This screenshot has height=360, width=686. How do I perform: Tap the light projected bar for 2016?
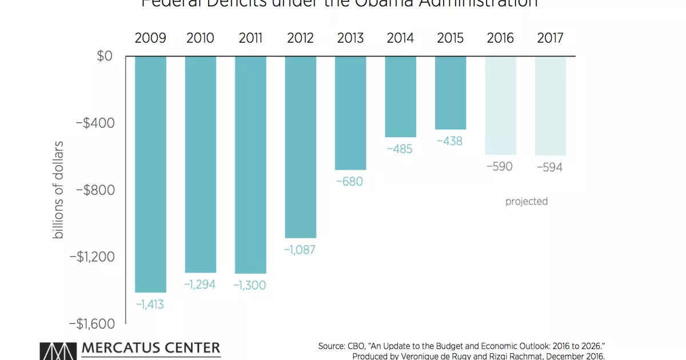[x=500, y=105]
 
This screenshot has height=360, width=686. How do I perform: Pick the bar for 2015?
[x=450, y=93]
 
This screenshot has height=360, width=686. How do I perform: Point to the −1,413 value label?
[x=150, y=305]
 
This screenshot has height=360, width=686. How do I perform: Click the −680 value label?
[x=349, y=182]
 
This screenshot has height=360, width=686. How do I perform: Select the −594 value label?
[x=549, y=167]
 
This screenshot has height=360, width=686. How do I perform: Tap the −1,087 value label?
[x=300, y=250]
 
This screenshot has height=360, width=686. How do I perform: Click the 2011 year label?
[x=250, y=38]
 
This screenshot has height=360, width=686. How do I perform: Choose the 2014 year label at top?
[x=400, y=38]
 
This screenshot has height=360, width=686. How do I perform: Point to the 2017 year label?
[x=550, y=38]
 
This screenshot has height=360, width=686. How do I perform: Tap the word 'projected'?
[x=527, y=202]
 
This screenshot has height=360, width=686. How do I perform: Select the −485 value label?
[x=400, y=149]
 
